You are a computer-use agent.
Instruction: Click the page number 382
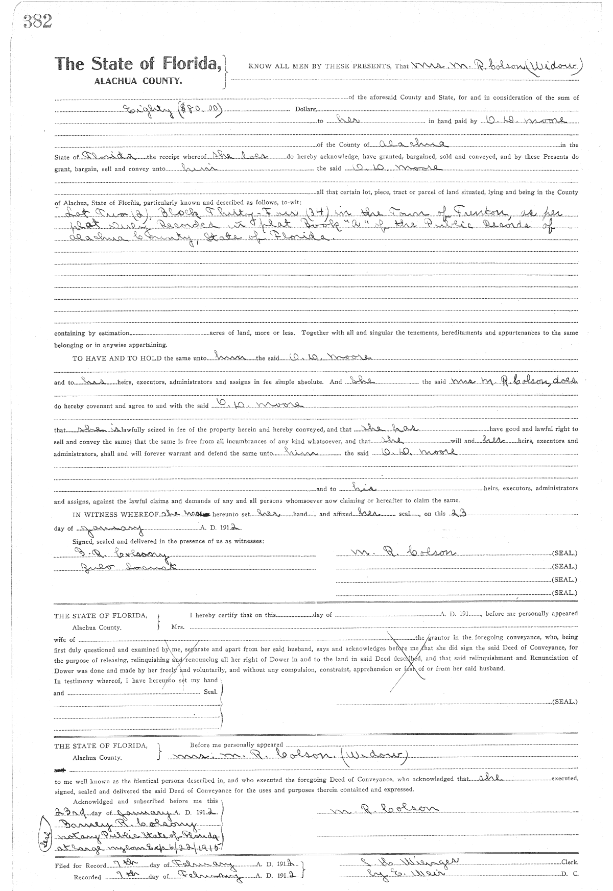pos(37,21)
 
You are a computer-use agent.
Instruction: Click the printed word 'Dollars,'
pos(306,109)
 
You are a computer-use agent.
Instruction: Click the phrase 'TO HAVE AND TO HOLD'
pos(117,358)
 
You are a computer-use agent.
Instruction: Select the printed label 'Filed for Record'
pos(81,865)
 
